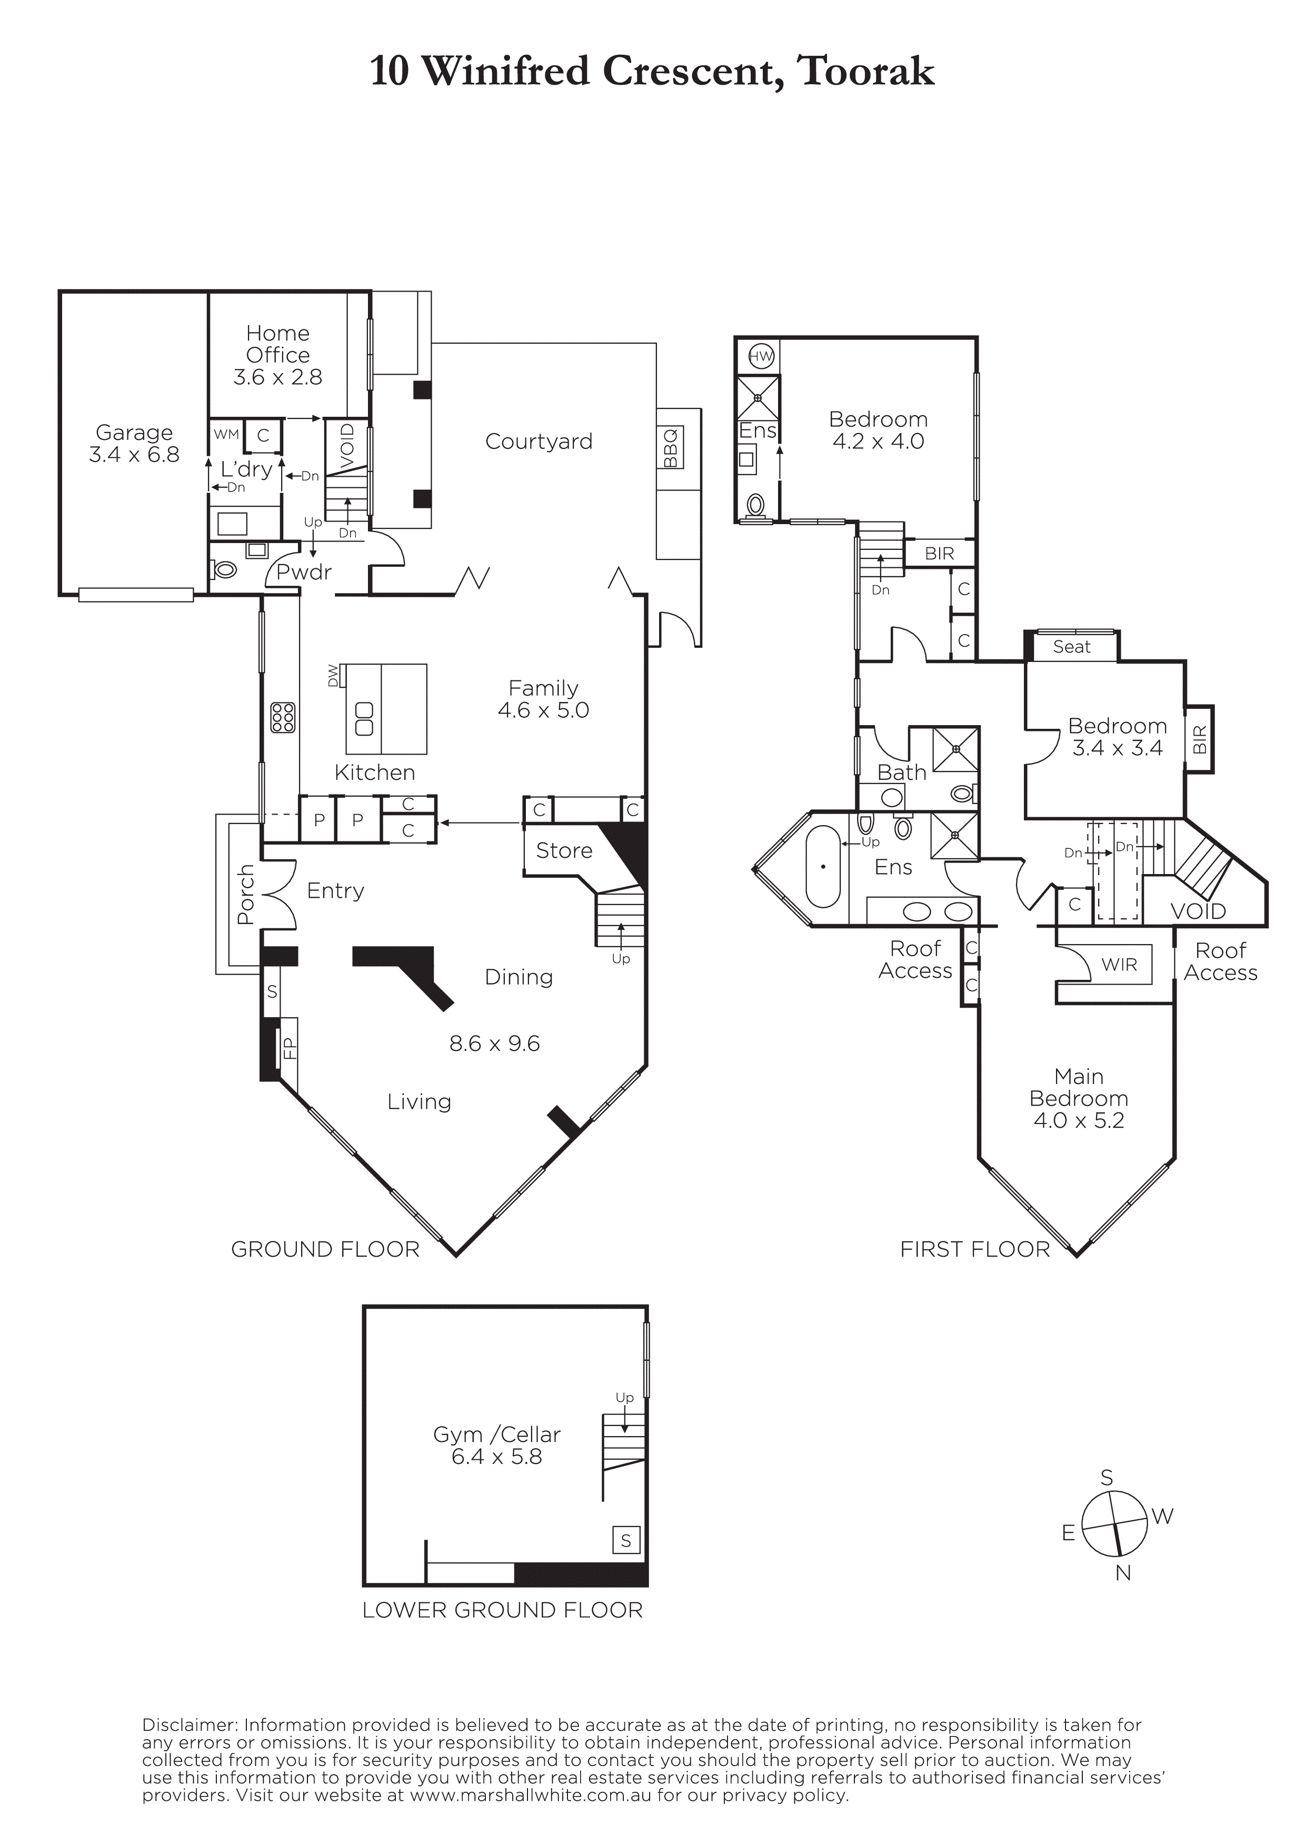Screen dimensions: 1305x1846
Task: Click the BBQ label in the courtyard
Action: (x=671, y=448)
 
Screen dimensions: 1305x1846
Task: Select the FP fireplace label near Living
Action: (x=288, y=1048)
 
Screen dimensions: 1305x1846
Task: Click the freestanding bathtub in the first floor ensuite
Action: (x=823, y=866)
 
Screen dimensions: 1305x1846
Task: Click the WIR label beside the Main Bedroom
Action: (x=1119, y=964)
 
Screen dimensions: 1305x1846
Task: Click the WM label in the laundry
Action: (x=227, y=434)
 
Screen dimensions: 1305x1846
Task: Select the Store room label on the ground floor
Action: (x=564, y=850)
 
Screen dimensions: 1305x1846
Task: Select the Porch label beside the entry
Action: (x=246, y=894)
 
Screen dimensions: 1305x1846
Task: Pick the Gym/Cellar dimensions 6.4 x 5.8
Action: (x=497, y=1457)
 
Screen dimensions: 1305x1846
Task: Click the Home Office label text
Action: (x=277, y=344)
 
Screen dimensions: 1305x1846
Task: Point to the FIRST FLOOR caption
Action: (x=974, y=1249)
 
